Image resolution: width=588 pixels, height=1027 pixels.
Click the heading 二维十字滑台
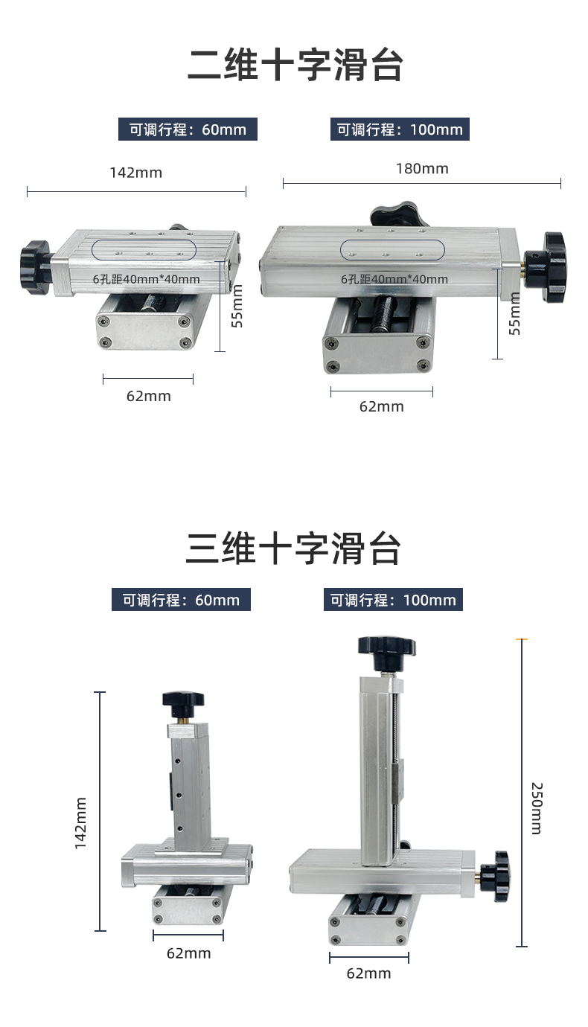click(x=295, y=65)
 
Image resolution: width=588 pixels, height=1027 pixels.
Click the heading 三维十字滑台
click(x=293, y=548)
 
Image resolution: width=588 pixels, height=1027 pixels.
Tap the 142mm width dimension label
click(x=135, y=173)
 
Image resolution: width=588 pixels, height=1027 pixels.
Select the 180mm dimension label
click(x=422, y=169)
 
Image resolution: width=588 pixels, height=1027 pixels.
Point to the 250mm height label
click(x=537, y=808)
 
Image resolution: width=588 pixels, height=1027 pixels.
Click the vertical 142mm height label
click(x=80, y=823)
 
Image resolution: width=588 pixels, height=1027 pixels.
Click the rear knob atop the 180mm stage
click(x=400, y=214)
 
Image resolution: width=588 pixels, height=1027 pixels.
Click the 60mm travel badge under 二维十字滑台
click(x=188, y=129)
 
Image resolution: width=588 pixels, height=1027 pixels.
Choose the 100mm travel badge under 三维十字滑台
click(x=393, y=600)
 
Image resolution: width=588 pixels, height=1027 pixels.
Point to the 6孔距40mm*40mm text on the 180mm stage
click(x=394, y=279)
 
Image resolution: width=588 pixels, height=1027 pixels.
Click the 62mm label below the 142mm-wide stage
click(x=149, y=396)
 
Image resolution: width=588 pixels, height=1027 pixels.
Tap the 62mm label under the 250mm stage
click(x=368, y=973)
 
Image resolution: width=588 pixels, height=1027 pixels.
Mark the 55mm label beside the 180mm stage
click(x=515, y=313)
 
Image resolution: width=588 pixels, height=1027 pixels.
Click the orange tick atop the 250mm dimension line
click(x=522, y=639)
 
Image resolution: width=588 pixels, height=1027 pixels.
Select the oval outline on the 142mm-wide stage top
click(x=144, y=240)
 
